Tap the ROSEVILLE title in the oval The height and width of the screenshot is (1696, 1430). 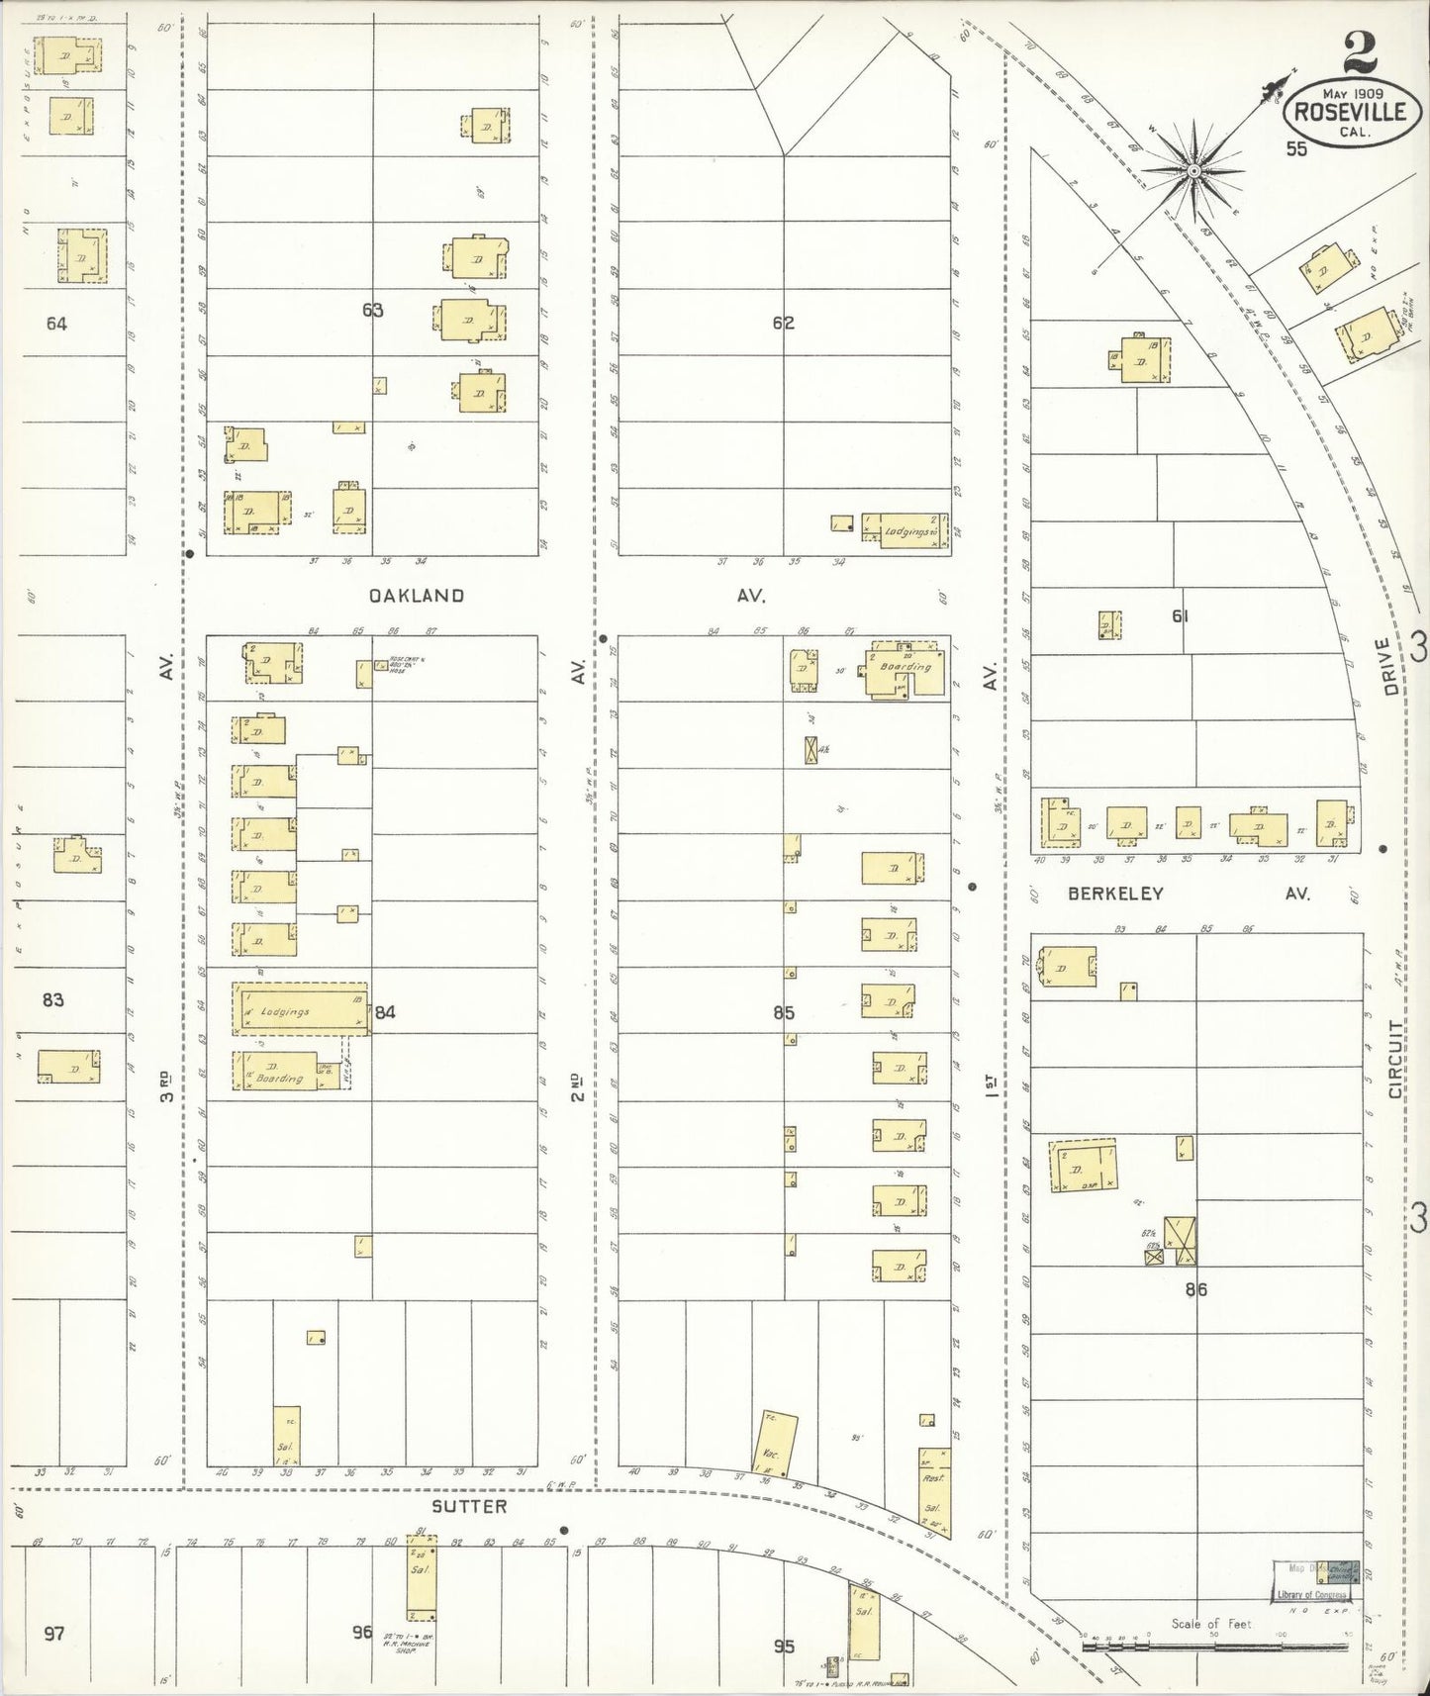pos(1346,112)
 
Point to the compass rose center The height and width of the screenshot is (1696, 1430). pos(1194,171)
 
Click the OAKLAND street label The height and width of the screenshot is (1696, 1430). pos(416,596)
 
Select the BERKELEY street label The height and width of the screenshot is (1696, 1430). pos(1114,894)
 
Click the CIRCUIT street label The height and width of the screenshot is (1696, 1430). pos(1395,1060)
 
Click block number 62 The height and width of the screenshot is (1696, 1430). pos(784,323)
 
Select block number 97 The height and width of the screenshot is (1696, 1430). pos(53,1633)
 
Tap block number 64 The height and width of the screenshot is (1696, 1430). pos(55,323)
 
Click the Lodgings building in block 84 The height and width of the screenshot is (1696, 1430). pos(299,1010)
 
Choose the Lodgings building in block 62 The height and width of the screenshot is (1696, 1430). pos(905,529)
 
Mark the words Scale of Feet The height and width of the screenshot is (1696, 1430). pos(1211,1624)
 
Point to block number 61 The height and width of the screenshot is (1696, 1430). pos(1180,615)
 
